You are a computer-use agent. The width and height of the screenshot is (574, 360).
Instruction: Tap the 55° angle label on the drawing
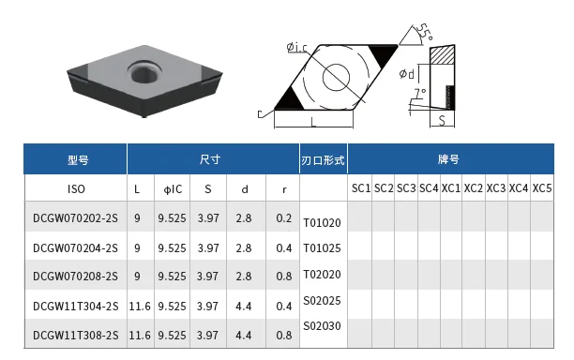(425, 32)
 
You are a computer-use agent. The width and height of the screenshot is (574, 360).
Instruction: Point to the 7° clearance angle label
(419, 94)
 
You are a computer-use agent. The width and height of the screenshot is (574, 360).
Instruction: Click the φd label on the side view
(407, 74)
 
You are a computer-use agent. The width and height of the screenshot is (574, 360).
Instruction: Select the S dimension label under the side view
(442, 120)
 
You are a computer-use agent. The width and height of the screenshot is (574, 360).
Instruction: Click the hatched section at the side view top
(442, 55)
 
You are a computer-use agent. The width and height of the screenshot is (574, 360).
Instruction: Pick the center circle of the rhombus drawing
(336, 77)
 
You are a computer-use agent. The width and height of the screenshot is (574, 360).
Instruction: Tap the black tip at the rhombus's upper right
(383, 55)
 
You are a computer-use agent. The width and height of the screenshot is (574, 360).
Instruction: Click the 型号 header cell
(78, 159)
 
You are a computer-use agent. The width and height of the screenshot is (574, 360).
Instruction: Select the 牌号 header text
(448, 159)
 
